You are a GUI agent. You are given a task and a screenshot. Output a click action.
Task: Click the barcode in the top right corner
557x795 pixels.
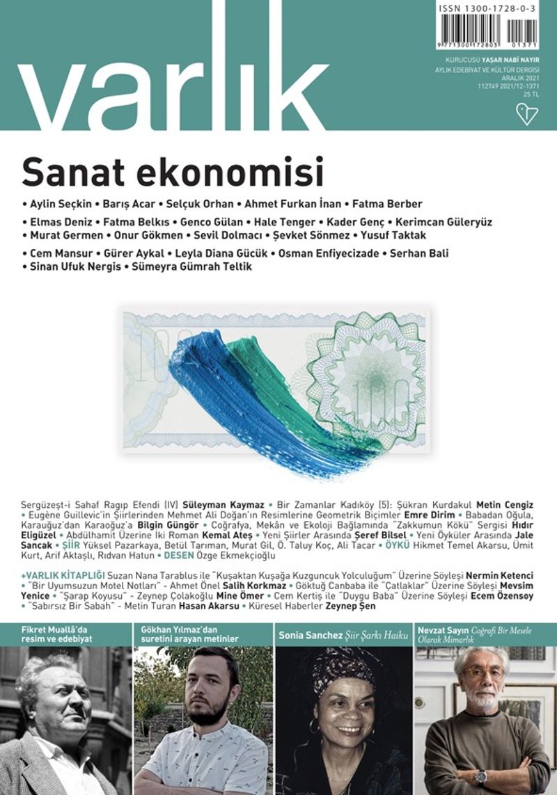click(487, 31)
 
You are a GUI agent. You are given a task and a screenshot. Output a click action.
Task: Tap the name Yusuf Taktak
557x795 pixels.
click(395, 236)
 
